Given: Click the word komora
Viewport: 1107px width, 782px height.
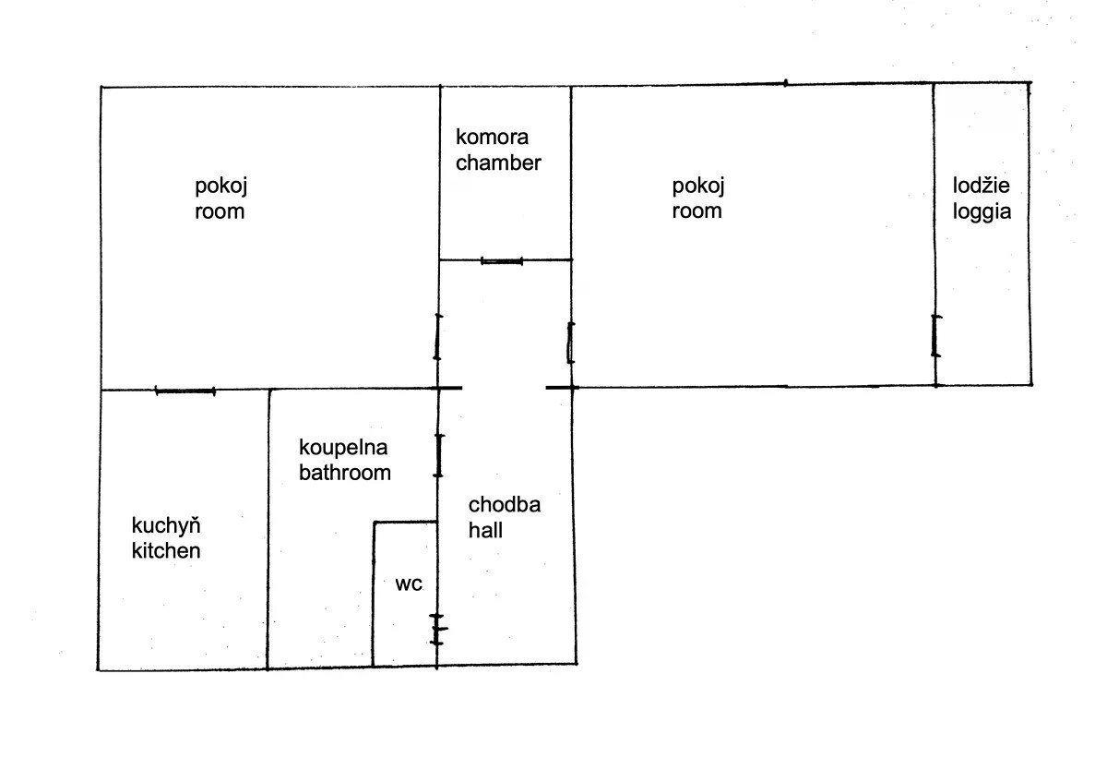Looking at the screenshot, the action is coord(492,138).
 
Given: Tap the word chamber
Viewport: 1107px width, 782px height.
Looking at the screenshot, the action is coord(498,162).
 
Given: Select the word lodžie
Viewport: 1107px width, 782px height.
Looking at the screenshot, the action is coord(981,186).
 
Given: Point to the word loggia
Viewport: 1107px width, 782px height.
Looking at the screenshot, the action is coord(982,212).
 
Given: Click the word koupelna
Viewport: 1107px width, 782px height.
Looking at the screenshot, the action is coord(343,449).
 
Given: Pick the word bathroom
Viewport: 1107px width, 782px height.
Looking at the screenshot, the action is coord(345,473).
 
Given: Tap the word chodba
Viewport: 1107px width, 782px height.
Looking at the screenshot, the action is coord(504,505).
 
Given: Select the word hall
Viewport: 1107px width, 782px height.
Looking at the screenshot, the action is coord(485,531).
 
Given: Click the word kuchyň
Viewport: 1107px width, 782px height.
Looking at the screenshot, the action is coord(166,526).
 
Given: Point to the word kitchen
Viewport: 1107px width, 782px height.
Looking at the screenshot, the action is coord(166,551).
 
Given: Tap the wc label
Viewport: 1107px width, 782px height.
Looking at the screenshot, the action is coord(409,584).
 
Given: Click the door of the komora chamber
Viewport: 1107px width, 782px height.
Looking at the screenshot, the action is coord(502,260).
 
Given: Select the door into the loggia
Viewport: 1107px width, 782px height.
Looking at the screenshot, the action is coord(935,336).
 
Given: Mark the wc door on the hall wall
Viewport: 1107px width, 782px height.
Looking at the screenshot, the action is coord(437,629).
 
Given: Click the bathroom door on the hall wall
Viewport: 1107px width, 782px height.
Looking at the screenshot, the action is coord(438,455).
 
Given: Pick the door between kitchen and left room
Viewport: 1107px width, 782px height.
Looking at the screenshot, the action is coord(185,391).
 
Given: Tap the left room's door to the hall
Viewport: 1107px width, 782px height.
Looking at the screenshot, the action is coord(438,337).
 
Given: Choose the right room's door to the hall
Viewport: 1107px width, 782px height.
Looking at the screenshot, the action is coord(570,343).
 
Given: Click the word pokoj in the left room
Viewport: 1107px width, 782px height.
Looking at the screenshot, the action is coord(220,187).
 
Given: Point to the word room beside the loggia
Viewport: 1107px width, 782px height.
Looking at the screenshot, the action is coord(696,211).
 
